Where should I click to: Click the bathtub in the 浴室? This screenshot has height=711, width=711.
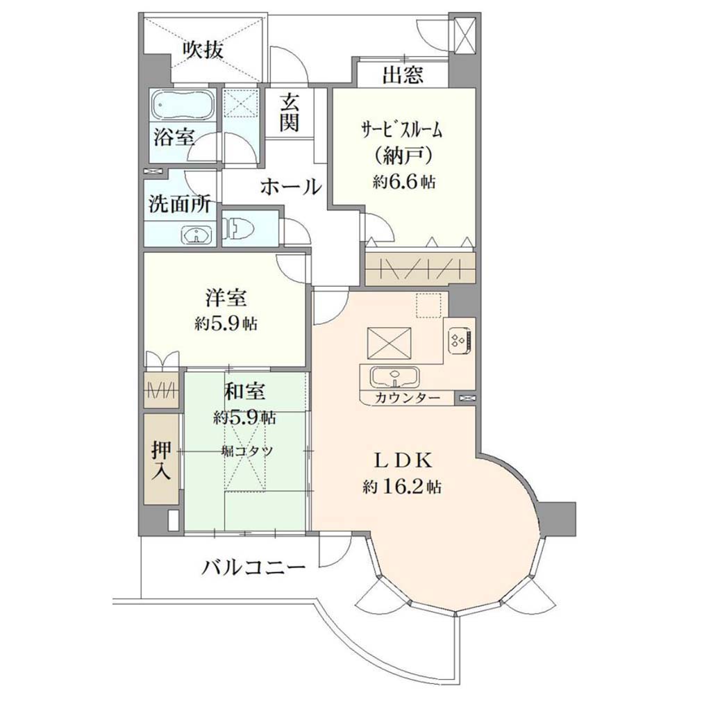tap(183, 106)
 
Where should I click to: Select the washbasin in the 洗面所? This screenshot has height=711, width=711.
tap(196, 235)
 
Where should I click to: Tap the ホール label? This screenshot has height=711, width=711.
tap(291, 186)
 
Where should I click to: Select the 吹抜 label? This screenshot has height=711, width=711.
tap(203, 49)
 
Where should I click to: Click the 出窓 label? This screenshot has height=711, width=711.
tap(403, 75)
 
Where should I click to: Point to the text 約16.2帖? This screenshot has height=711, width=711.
tap(401, 487)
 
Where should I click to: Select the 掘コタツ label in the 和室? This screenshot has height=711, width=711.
tap(248, 451)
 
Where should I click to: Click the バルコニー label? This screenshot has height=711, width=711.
tap(253, 567)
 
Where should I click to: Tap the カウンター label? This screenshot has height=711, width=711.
tap(408, 398)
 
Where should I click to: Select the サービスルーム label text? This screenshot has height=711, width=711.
tap(402, 131)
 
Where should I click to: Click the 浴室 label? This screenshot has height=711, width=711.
tap(174, 136)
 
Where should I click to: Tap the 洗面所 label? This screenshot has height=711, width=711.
tap(180, 205)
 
